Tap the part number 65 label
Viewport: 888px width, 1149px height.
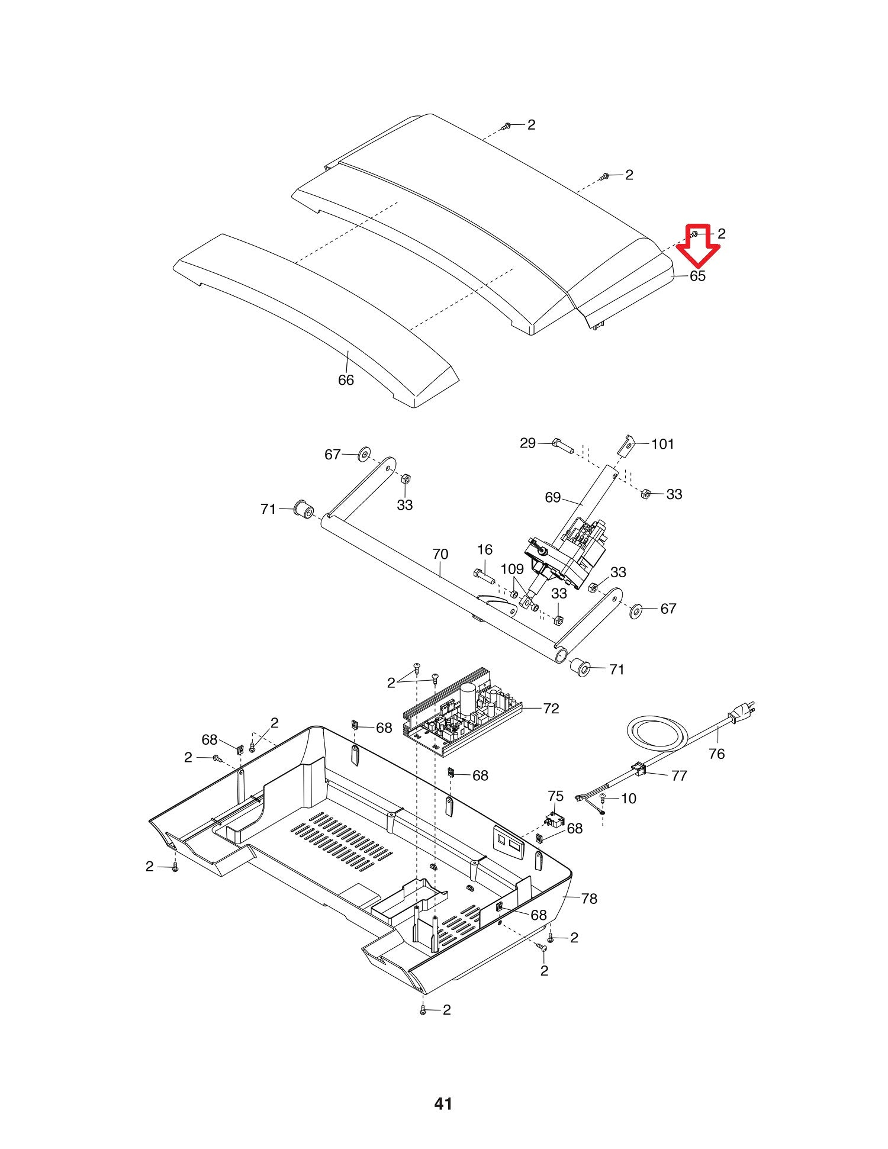coord(698,276)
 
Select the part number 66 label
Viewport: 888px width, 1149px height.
coord(346,380)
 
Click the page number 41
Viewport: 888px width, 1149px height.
coord(443,1103)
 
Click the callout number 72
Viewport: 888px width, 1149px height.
coord(551,709)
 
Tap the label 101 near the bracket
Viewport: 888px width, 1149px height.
coord(662,444)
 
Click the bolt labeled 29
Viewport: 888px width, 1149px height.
coord(562,444)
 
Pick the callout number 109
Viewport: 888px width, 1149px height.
coord(512,569)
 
